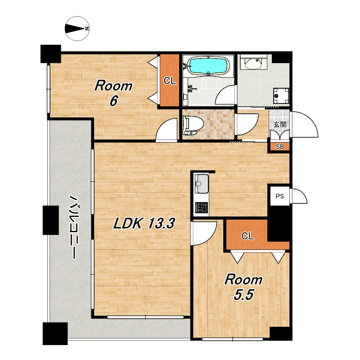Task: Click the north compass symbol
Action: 77,29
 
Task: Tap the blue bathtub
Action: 208,66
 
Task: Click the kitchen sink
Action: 202,184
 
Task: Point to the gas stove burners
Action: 202,207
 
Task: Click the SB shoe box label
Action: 279,147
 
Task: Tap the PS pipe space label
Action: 279,196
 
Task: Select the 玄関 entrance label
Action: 280,125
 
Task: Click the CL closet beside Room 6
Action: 170,81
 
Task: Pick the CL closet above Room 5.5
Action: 247,236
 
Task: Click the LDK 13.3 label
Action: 144,223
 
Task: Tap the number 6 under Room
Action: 114,101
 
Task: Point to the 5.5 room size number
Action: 244,295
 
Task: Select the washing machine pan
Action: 281,95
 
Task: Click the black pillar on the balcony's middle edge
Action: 51,220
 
